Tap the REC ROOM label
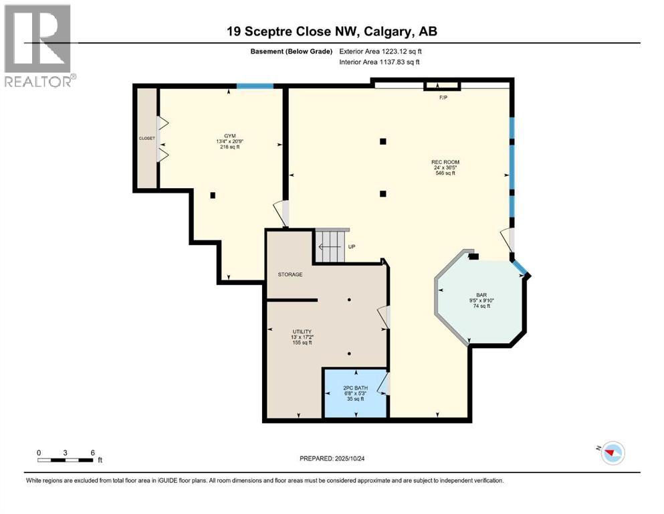(x=445, y=162)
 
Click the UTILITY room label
(x=302, y=331)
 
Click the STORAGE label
(x=290, y=274)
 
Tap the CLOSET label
(x=146, y=139)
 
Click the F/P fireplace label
(x=443, y=98)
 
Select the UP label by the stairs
(x=352, y=246)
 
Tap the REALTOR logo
(x=38, y=46)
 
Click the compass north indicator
(x=611, y=453)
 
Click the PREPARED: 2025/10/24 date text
(x=333, y=458)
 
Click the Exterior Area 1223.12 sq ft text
(x=380, y=51)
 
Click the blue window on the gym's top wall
(x=255, y=86)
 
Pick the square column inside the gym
(x=213, y=195)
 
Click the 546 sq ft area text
(x=445, y=173)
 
